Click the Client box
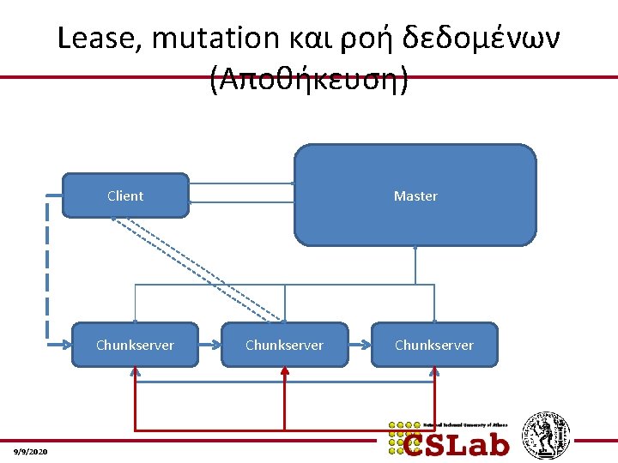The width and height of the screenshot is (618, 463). tap(125, 195)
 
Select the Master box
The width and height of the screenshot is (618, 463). tap(415, 195)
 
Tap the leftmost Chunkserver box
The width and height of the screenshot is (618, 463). tap(135, 345)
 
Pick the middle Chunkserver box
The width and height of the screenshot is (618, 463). tap(284, 345)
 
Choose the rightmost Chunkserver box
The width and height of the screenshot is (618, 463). tap(433, 345)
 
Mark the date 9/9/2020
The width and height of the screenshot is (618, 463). tap(32, 452)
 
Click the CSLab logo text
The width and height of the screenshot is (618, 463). tap(456, 442)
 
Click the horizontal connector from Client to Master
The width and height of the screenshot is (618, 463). tap(241, 183)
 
